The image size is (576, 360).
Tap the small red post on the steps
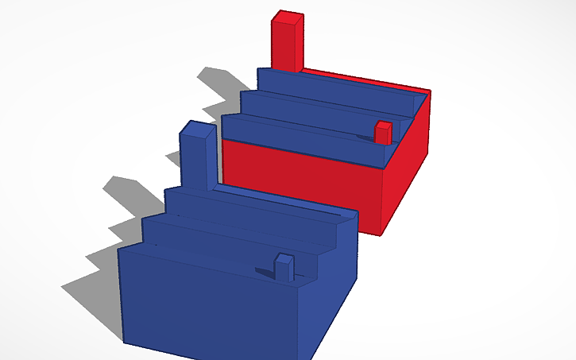click(x=383, y=134)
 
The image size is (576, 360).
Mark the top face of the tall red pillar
click(x=288, y=16)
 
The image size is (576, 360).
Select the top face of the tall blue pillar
click(x=197, y=127)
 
